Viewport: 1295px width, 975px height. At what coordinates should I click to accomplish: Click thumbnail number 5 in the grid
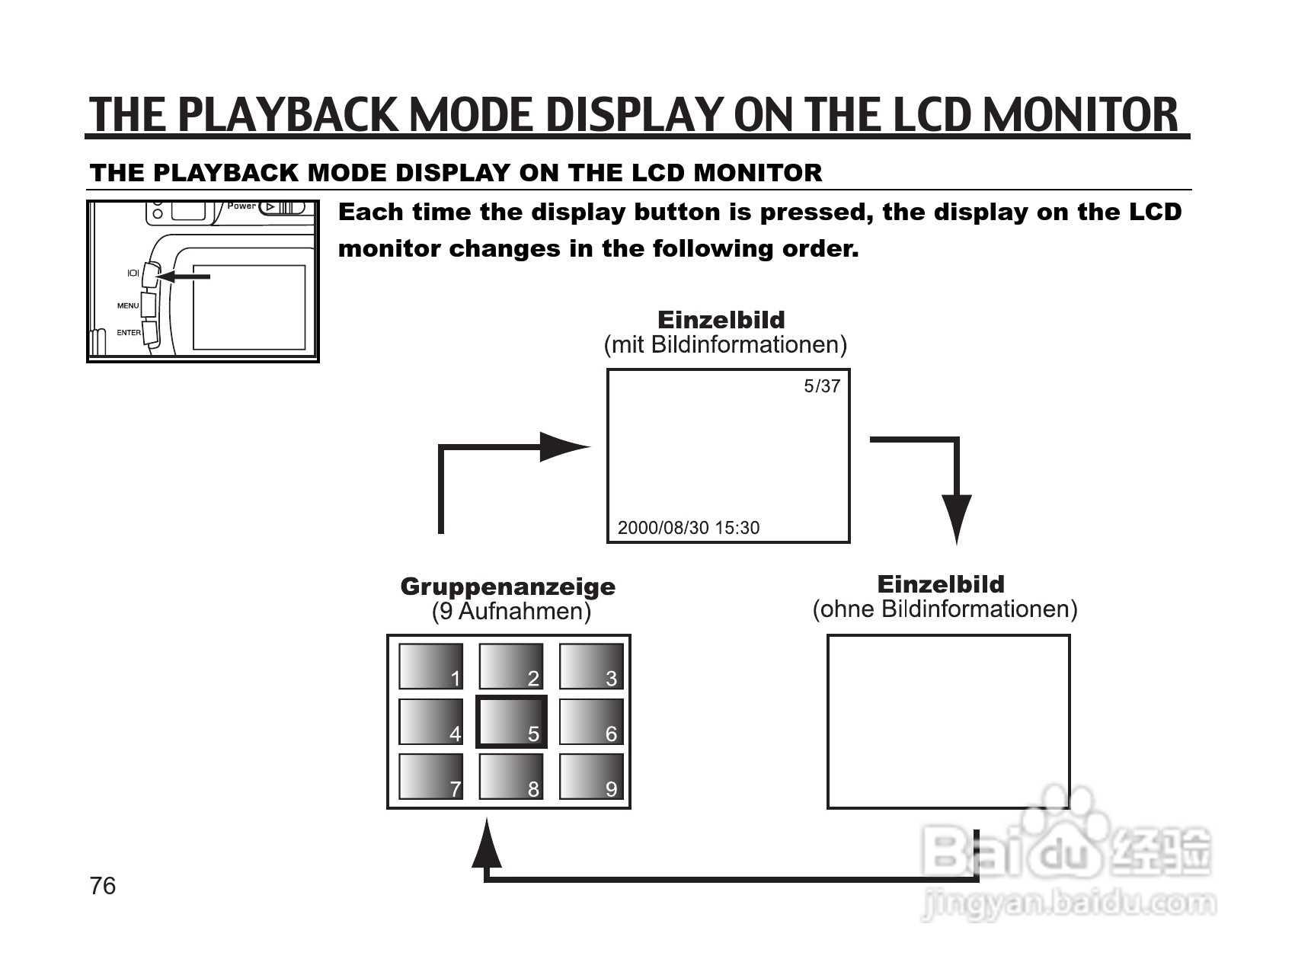511,721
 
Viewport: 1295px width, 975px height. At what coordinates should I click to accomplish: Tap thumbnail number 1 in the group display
430,667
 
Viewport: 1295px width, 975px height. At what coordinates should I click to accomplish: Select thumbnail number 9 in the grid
591,777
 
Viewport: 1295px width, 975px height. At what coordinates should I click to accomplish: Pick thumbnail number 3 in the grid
591,667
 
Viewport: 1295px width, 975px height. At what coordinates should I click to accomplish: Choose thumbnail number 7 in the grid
430,777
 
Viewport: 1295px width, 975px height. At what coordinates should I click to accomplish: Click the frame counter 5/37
822,386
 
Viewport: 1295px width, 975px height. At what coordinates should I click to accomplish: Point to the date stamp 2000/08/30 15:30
688,528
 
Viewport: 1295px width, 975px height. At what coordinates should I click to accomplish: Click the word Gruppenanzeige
508,587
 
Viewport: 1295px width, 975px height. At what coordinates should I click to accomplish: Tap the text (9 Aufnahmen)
511,612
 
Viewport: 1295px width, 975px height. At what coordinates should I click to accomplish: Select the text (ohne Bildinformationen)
945,609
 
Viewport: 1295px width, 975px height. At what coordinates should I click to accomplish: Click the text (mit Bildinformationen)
725,345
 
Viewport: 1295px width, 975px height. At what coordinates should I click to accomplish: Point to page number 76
103,886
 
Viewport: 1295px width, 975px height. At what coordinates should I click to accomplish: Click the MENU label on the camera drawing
128,306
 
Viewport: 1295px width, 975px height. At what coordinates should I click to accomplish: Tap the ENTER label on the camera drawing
129,333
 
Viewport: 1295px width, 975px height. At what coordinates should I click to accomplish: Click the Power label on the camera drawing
241,206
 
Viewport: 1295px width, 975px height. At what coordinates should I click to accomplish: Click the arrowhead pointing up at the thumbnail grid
487,844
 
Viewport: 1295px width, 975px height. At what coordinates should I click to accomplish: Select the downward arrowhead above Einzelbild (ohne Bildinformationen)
957,518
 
